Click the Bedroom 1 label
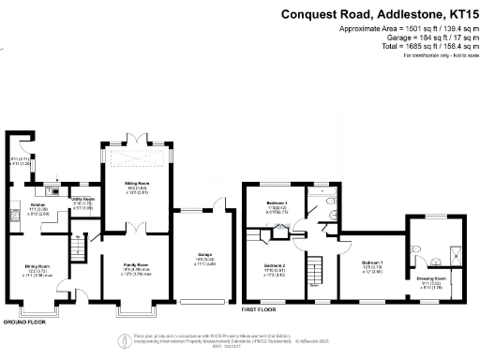point(372,263)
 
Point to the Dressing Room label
point(432,278)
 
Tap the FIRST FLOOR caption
point(262,308)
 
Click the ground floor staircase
point(81,249)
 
